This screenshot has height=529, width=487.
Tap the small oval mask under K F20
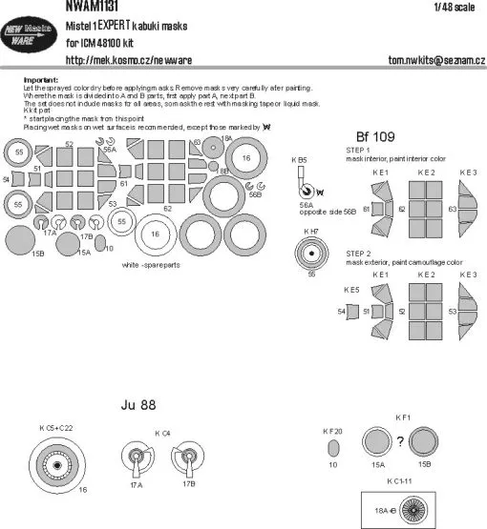click(333, 448)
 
